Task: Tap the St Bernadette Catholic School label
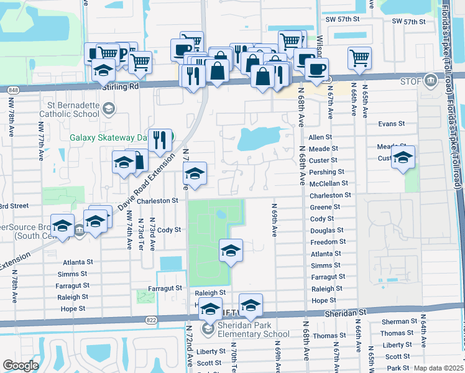click(69, 109)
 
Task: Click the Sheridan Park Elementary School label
click(253, 329)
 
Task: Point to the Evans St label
click(391, 124)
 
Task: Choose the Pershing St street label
click(327, 172)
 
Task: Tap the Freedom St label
click(328, 242)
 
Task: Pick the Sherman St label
click(395, 321)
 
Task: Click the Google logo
click(21, 365)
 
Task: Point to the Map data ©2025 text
click(438, 368)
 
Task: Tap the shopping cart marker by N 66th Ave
click(360, 58)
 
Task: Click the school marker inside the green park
click(231, 250)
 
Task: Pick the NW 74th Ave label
click(129, 231)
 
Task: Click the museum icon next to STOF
click(430, 80)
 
